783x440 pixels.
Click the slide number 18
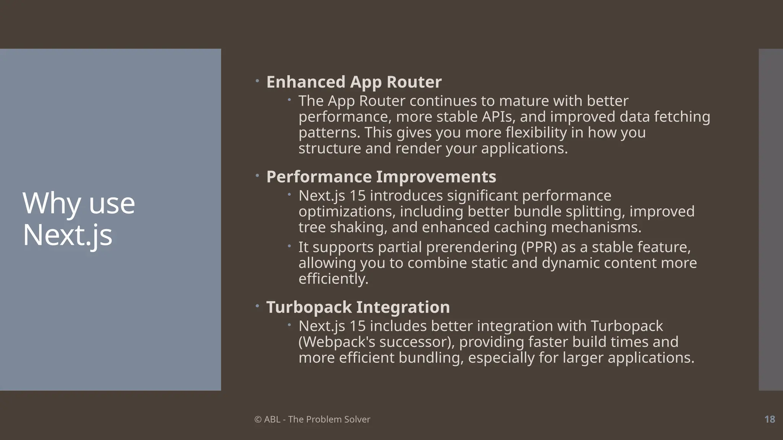click(x=769, y=419)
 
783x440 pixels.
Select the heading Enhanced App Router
click(x=354, y=82)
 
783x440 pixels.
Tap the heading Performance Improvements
click(x=381, y=177)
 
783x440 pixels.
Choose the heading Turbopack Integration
click(x=358, y=307)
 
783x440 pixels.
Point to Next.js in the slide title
click(x=67, y=235)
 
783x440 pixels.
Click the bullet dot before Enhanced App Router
click(x=257, y=81)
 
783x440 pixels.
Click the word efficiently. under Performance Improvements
click(x=333, y=279)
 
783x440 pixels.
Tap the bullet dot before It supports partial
click(x=289, y=246)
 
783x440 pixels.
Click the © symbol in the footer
click(x=258, y=419)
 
